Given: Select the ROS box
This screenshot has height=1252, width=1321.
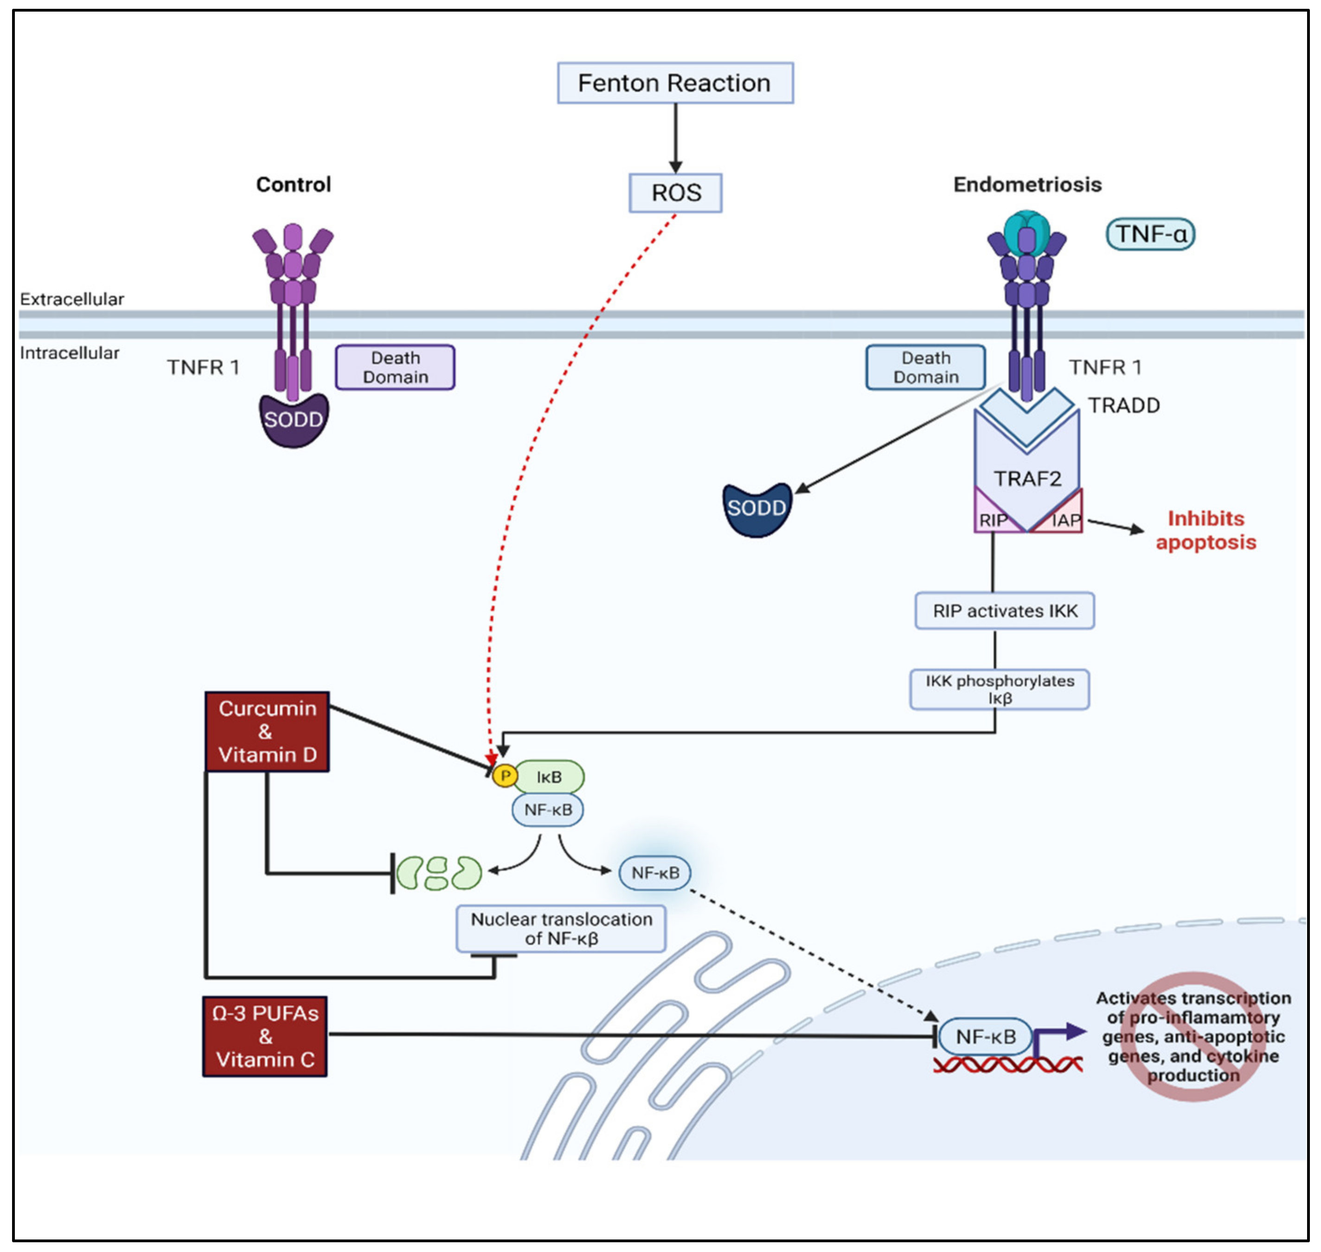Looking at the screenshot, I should click(675, 193).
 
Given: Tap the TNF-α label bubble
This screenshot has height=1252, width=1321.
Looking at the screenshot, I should click(1150, 234).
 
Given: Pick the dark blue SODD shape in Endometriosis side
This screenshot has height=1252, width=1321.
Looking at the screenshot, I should click(757, 509).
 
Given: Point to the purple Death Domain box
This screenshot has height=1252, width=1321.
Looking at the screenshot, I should click(395, 367).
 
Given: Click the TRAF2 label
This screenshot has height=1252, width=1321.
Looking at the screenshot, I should click(1026, 479).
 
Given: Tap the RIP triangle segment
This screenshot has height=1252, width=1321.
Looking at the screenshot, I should click(991, 518).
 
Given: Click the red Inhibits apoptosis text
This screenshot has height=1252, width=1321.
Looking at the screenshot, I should click(1205, 530).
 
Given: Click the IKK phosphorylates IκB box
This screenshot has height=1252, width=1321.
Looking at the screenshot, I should click(999, 689).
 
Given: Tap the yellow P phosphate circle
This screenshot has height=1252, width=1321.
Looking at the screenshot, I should click(505, 775).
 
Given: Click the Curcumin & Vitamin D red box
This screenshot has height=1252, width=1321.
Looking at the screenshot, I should click(267, 731).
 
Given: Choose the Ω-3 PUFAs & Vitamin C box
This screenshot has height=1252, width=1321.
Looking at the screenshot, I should click(265, 1036).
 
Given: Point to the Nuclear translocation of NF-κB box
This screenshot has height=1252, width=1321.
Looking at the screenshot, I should click(561, 928).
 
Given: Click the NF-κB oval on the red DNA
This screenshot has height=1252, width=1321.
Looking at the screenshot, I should click(985, 1036).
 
